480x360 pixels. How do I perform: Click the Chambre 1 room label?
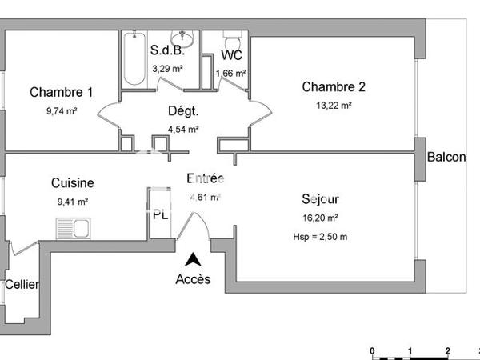coord(61,92)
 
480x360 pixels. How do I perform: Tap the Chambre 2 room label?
coord(334,86)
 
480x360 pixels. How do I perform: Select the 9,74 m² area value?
coord(62,111)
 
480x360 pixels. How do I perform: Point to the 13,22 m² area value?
coord(334,104)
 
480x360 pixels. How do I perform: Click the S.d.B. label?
coord(168,50)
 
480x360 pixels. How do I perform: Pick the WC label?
coord(231,55)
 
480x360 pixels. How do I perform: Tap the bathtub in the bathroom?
coord(134,58)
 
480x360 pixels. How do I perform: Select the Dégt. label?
coord(183,111)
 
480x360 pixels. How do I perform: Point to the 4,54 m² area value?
coord(183,128)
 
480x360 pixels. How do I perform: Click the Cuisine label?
coord(73,183)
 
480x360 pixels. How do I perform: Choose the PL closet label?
coord(161,214)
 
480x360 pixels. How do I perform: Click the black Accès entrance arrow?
coord(193,259)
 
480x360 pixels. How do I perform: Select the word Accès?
coord(193,279)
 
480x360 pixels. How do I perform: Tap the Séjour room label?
coord(321,199)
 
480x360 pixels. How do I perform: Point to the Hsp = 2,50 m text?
coord(321,236)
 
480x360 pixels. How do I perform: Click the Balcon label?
coord(446,158)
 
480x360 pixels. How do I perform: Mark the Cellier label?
coord(22,284)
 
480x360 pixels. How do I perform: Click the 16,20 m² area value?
coord(321,217)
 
